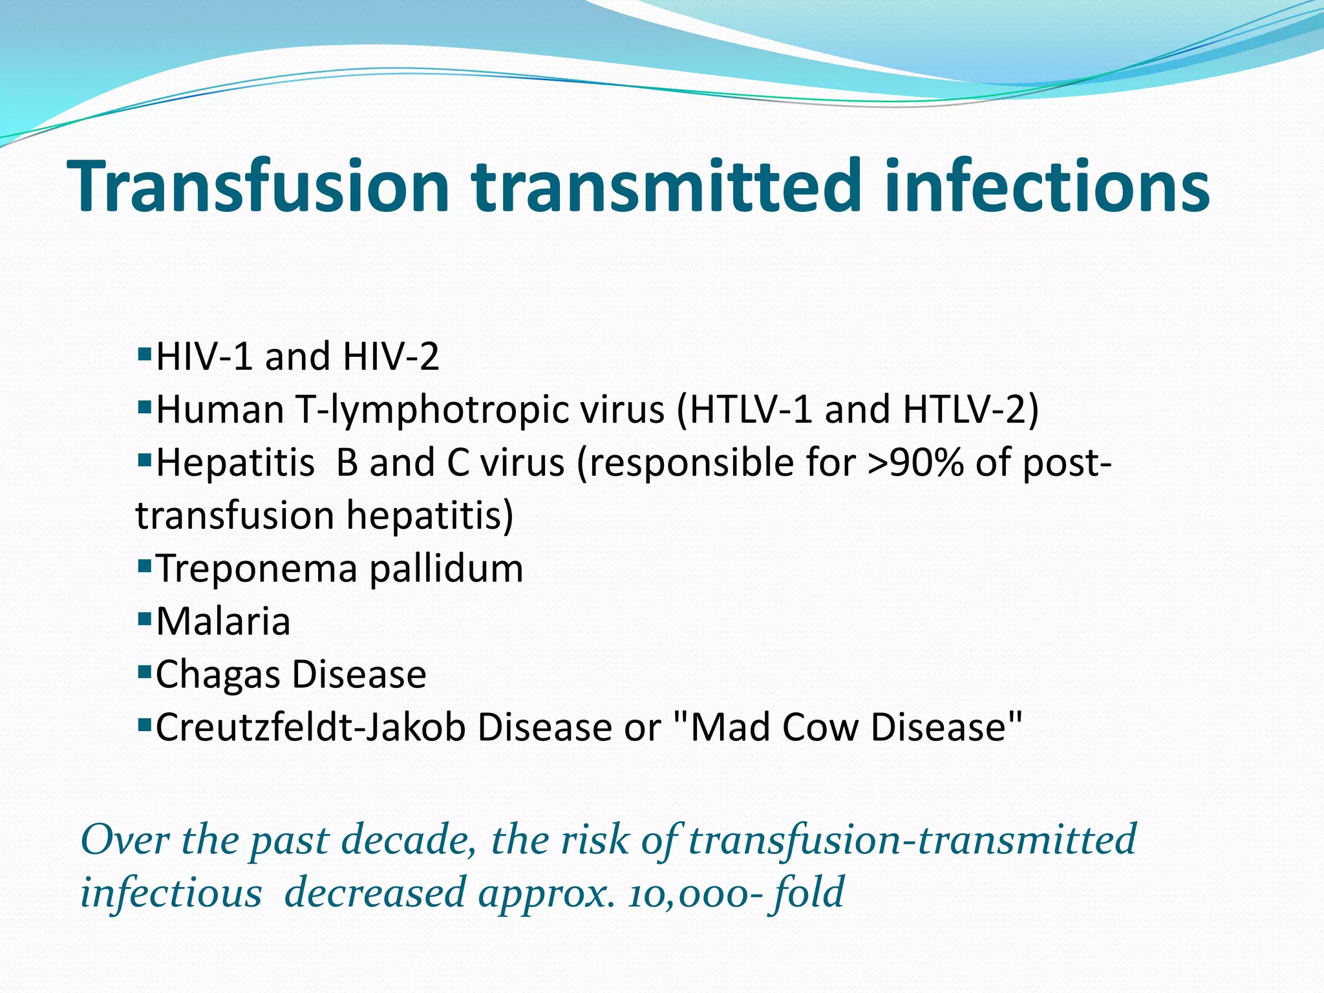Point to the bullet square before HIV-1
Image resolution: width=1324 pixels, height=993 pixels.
coord(144,354)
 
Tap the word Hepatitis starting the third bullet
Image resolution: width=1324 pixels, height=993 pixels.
coord(235,463)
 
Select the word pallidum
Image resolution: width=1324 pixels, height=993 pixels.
coord(446,569)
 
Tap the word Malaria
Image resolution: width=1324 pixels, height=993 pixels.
coord(223,622)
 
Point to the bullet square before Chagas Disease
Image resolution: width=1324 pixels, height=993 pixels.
coord(144,672)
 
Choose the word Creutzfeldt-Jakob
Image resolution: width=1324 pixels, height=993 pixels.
coord(310,728)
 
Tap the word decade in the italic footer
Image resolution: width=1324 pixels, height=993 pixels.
coord(407,840)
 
